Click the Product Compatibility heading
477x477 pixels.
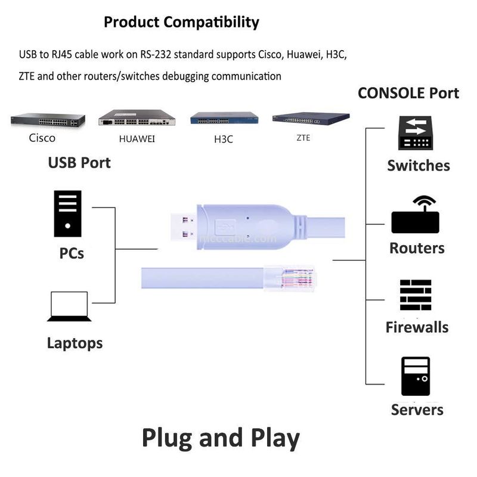181,23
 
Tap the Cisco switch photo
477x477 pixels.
48,121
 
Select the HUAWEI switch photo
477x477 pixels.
137,117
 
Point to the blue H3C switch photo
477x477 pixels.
224,118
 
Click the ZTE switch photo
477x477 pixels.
311,118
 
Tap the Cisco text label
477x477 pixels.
42,138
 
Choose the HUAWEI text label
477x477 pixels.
138,139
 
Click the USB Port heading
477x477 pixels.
79,162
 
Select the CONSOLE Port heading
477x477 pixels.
408,93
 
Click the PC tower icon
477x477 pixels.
67,214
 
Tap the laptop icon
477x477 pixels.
70,306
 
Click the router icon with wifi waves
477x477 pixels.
416,216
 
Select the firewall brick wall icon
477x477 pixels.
416,295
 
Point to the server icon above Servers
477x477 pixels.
416,376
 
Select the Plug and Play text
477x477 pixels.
221,438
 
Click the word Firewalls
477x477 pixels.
417,327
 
